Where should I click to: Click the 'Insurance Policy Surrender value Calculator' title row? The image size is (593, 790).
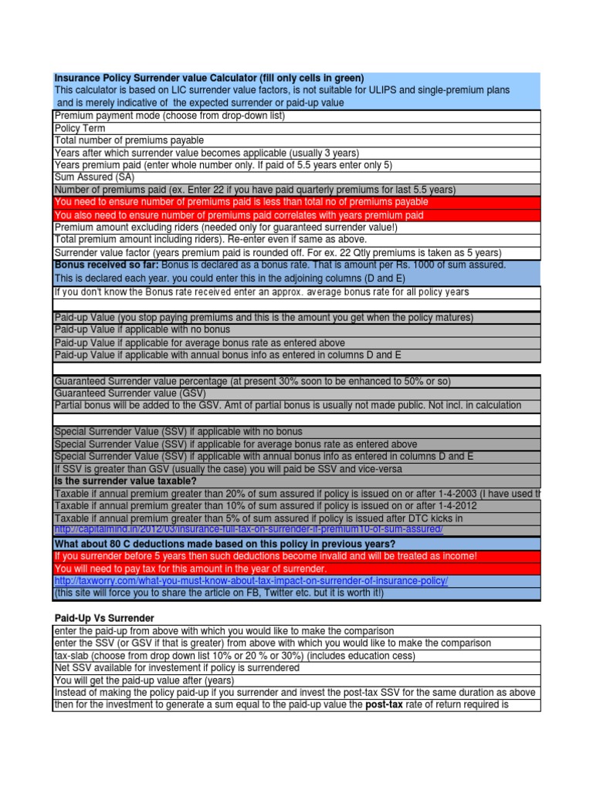click(x=208, y=78)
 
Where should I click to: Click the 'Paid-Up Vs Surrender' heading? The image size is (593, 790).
click(x=104, y=619)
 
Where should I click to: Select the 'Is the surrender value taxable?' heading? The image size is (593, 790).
click(x=125, y=481)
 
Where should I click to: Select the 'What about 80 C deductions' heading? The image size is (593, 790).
click(x=224, y=544)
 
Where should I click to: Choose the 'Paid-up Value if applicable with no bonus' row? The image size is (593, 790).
click(x=154, y=330)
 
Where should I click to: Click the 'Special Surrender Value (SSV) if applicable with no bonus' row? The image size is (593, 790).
click(x=178, y=432)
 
